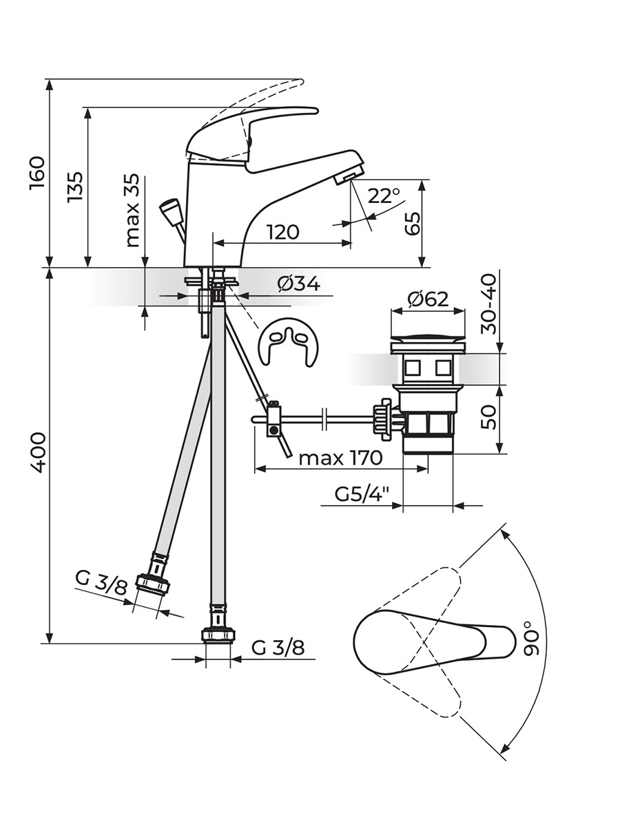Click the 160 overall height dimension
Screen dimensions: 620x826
[x=38, y=173]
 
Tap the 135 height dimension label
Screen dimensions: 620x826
[x=74, y=187]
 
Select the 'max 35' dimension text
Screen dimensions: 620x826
[x=132, y=211]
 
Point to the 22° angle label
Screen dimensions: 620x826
[x=383, y=196]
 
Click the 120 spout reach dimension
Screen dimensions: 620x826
[x=282, y=232]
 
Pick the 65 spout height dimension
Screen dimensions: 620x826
[x=412, y=224]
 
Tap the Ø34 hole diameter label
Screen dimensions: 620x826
[x=298, y=284]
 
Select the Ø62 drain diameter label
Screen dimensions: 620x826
[x=428, y=299]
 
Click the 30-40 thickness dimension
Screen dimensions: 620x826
[x=489, y=304]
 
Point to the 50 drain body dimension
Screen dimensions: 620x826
[x=489, y=417]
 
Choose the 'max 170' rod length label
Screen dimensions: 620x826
[x=340, y=458]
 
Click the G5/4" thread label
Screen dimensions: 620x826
[x=362, y=494]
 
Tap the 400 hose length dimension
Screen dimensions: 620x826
[x=38, y=453]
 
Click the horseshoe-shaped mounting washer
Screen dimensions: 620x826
[x=289, y=342]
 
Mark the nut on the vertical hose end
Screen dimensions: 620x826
[x=218, y=635]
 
